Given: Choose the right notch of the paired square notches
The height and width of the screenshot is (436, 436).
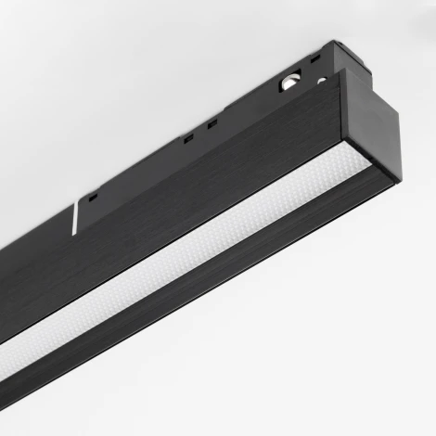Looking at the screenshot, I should click(212, 123).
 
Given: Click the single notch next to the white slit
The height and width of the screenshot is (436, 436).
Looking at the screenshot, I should click(93, 196).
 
